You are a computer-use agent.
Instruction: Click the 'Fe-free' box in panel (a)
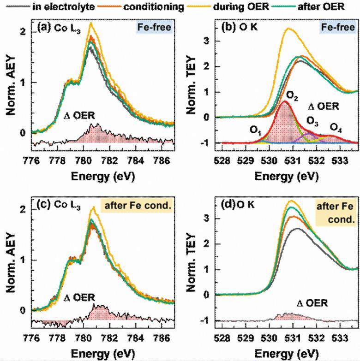[154, 29]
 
